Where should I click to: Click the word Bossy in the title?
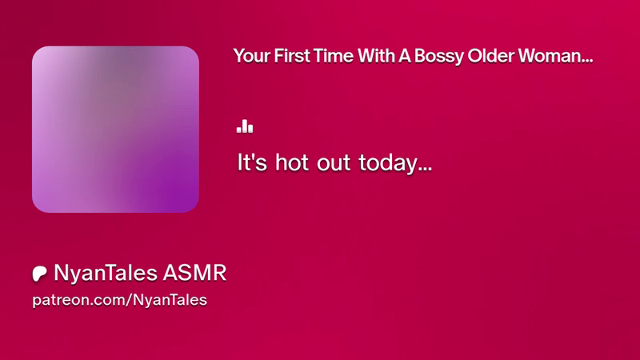(438, 56)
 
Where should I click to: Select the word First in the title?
(291, 55)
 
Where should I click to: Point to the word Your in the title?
(252, 55)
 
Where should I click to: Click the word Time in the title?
(333, 55)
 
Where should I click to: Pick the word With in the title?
(376, 55)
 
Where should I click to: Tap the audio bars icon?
(245, 126)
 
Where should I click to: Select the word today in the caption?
(388, 164)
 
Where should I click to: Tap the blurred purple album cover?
(115, 129)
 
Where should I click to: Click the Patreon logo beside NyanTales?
(39, 274)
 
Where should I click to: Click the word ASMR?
(194, 273)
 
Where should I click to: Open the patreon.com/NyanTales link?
(119, 300)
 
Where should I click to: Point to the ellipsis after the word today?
(425, 169)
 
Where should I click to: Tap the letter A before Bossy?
(405, 55)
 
